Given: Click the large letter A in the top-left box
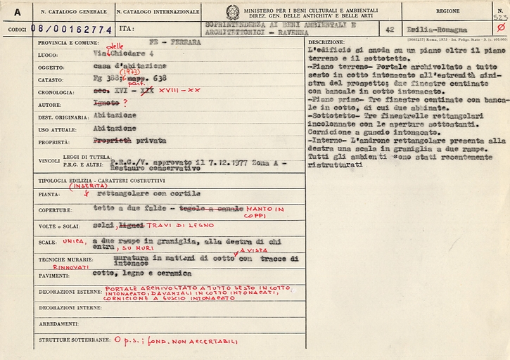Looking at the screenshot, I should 16,12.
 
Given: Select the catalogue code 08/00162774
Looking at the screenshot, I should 71,29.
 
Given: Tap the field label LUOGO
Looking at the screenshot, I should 49,53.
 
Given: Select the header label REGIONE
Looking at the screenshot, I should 447,11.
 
